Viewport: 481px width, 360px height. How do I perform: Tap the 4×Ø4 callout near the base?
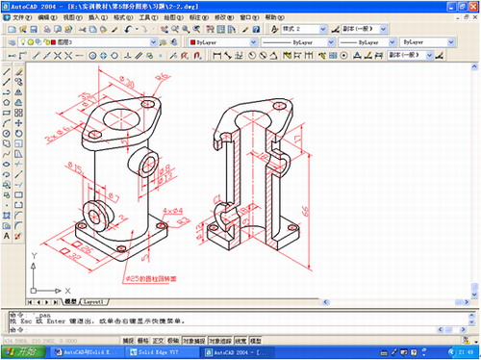pos(172,209)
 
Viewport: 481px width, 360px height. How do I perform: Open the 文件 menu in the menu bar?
pos(21,17)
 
